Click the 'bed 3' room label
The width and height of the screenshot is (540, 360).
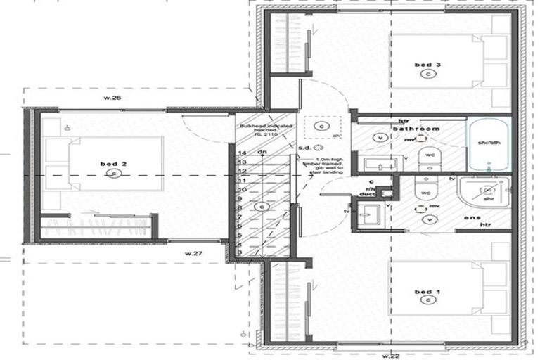[x=427, y=65]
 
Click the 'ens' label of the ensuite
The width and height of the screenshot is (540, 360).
[x=471, y=218]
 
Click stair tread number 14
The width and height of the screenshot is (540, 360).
[x=241, y=153]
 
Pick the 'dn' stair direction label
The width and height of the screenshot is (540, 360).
[x=261, y=153]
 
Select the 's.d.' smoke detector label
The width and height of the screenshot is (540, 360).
[x=304, y=148]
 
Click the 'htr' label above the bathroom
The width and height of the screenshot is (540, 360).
[x=404, y=120]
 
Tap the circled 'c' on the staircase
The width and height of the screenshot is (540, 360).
[x=262, y=207]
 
